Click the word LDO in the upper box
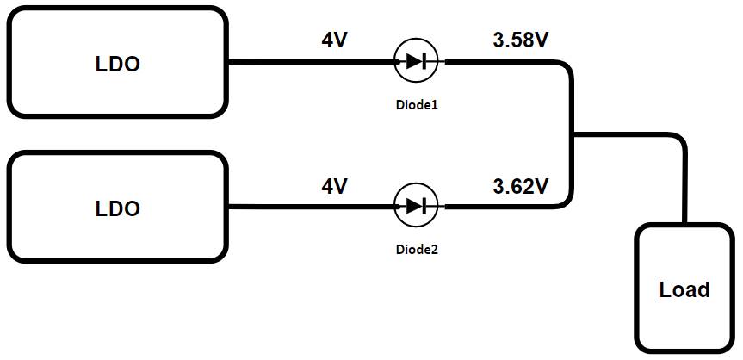pos(117,64)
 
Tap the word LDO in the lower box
pos(117,209)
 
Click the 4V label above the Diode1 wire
pos(334,40)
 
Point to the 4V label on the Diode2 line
pos(334,185)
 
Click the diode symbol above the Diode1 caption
pos(416,61)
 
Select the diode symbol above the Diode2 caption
pos(416,206)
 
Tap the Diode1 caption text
pos(416,104)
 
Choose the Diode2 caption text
pos(416,250)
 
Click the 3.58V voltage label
pos(520,40)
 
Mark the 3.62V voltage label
pos(520,185)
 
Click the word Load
pos(684,290)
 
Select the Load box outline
pos(638,284)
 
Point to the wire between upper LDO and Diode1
pos(310,62)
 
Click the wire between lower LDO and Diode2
pos(310,207)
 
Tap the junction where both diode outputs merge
pos(573,134)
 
